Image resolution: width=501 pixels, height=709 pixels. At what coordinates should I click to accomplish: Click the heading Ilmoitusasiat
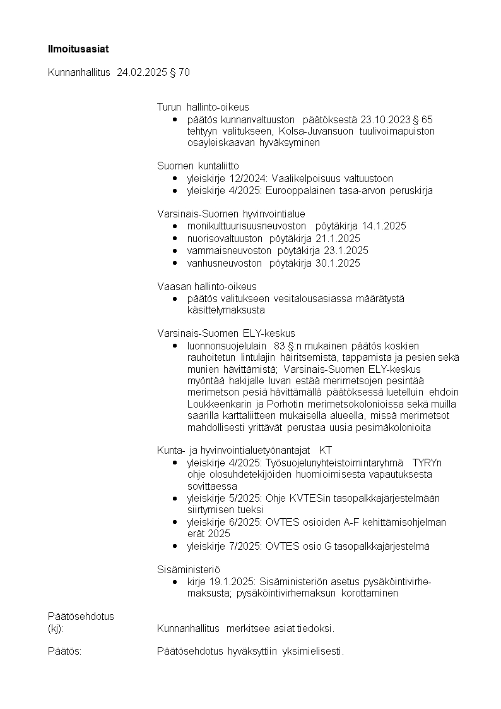(x=74, y=48)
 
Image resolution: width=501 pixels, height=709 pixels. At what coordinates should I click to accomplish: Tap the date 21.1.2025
(x=338, y=238)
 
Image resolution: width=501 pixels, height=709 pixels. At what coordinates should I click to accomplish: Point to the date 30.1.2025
(x=338, y=263)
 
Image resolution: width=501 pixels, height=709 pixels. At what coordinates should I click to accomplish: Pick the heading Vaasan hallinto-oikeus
(x=206, y=287)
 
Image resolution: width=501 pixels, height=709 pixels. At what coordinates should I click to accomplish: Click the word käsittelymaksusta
(x=226, y=310)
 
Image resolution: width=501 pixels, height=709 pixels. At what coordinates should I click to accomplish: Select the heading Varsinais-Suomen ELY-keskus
(x=226, y=334)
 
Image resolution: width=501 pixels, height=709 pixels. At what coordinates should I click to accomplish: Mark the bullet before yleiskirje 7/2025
(x=175, y=546)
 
